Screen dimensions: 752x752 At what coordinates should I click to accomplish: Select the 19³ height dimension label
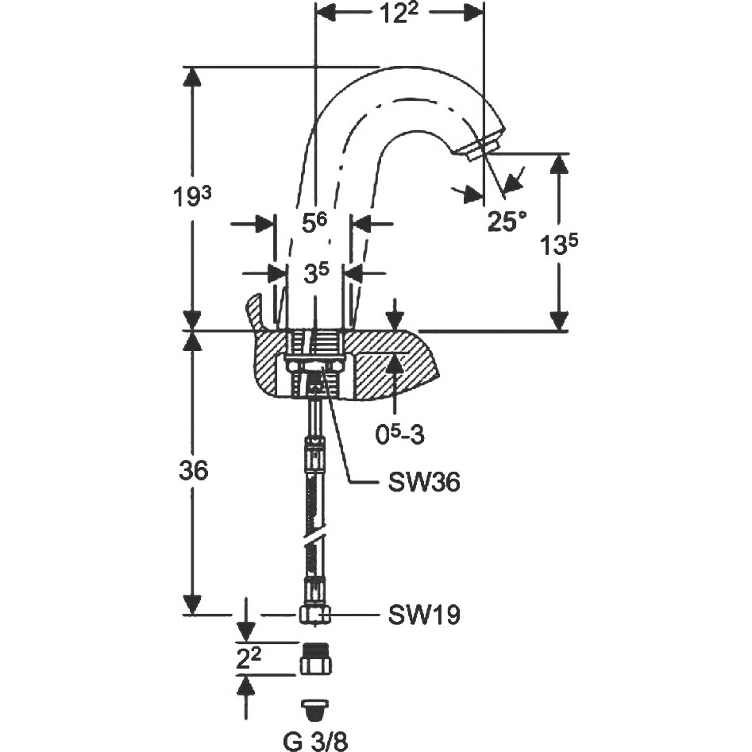tap(191, 196)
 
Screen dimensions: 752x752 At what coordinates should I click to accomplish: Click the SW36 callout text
tap(424, 482)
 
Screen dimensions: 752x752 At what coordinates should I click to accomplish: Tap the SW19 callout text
tap(424, 614)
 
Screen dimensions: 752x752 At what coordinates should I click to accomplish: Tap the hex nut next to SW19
tap(314, 614)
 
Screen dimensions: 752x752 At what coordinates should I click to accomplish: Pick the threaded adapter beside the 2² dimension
tap(315, 659)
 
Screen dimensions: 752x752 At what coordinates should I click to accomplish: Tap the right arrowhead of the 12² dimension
tap(475, 13)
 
